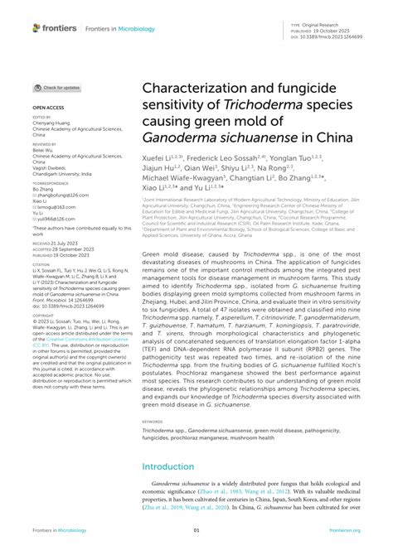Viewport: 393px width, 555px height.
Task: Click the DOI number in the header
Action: tap(334, 36)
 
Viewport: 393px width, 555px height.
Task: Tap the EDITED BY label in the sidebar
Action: tap(41, 117)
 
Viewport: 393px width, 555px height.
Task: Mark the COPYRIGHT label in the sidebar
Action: tap(42, 316)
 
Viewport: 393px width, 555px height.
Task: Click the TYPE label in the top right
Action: tap(296, 26)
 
